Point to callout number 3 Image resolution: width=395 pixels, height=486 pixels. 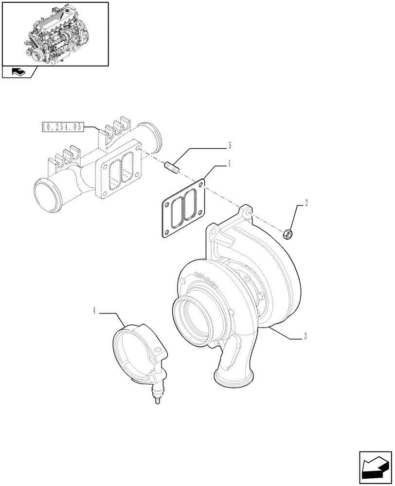305,336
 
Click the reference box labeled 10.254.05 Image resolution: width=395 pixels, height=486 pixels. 63,128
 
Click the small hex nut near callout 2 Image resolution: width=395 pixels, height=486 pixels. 287,235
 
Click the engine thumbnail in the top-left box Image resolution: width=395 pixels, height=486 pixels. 54,33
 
